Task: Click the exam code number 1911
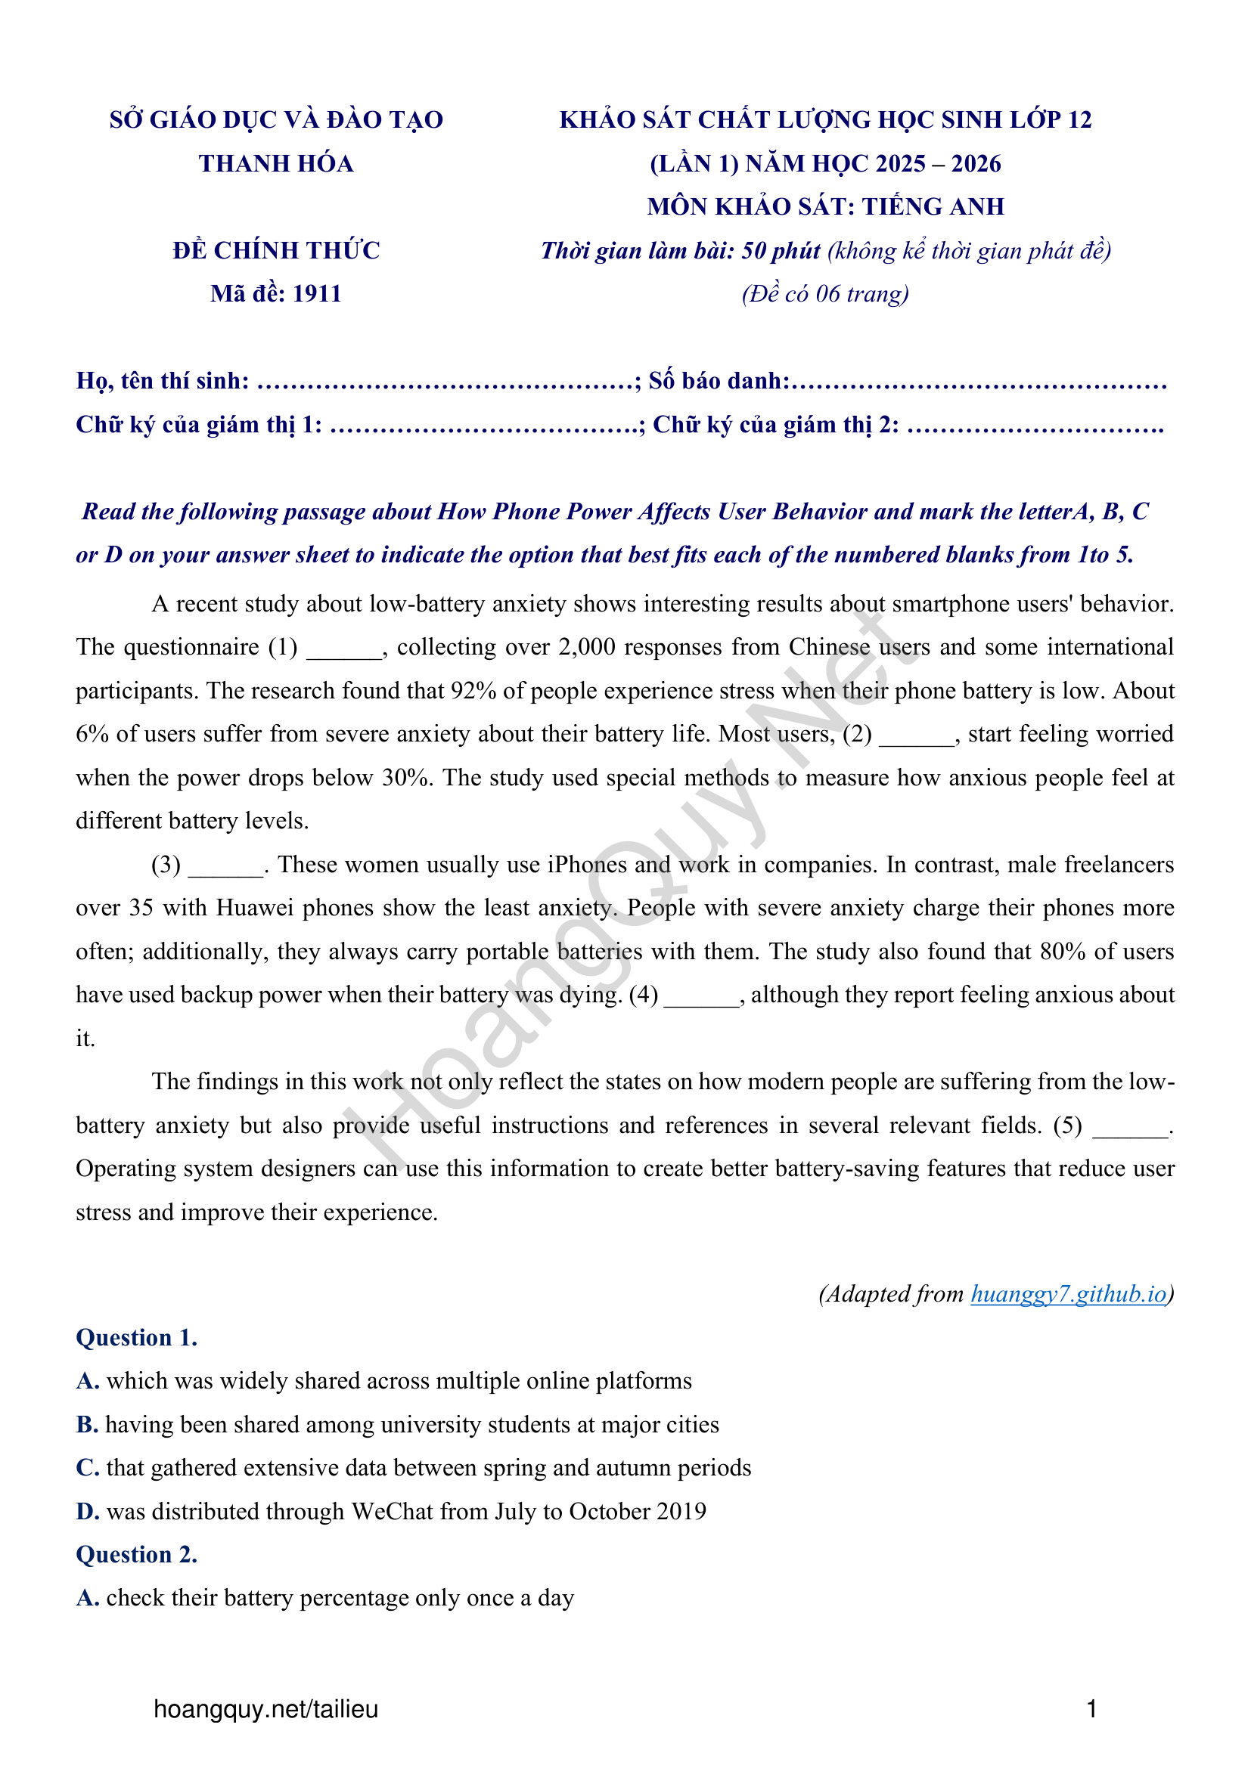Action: tap(317, 293)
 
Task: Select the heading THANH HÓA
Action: tap(276, 163)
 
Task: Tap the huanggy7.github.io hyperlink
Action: tap(1069, 1293)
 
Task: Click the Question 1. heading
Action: tap(136, 1338)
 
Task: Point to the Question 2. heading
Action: tap(136, 1555)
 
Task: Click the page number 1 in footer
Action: tap(1091, 1710)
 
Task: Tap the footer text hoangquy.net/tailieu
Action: tap(265, 1710)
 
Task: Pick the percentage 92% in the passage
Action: tap(473, 691)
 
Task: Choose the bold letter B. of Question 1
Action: tap(87, 1425)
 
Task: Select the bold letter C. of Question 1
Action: tap(87, 1468)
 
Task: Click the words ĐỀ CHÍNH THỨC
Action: tap(276, 250)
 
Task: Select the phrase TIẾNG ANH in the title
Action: tap(933, 206)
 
